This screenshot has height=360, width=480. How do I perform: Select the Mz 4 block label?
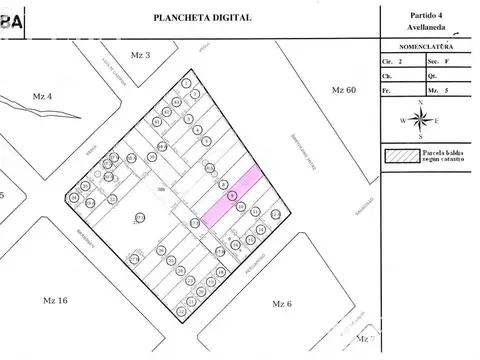(42, 96)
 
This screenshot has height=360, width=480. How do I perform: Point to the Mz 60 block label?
(343, 90)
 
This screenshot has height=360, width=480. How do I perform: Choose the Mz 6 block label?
(282, 302)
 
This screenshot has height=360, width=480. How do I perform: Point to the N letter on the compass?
(421, 102)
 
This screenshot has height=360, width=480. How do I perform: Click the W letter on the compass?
(403, 120)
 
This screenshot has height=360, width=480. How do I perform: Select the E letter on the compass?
(439, 120)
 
